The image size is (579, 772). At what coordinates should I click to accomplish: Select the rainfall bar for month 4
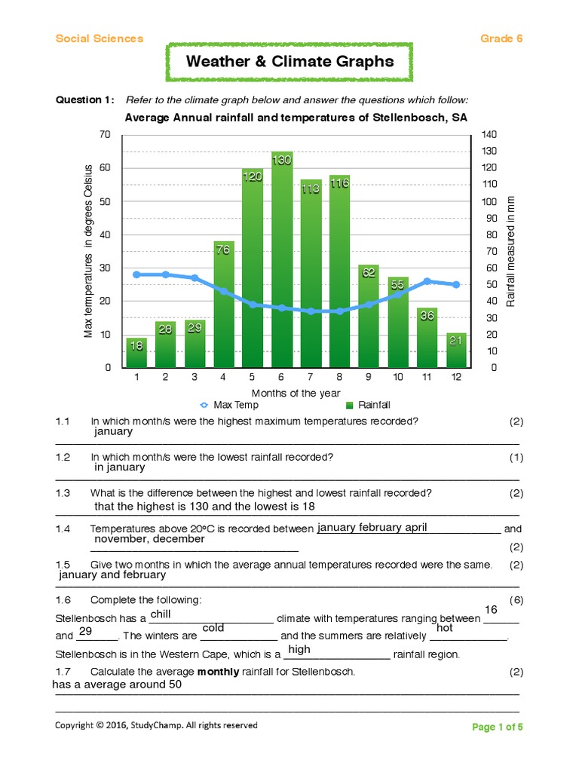[224, 305]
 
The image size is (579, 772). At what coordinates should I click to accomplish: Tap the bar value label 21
[455, 341]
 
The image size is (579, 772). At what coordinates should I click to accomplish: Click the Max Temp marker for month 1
[136, 274]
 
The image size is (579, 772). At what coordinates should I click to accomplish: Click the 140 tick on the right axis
[489, 134]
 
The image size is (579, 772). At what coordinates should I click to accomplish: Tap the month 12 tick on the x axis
[455, 377]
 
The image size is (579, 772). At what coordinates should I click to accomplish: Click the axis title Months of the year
[296, 393]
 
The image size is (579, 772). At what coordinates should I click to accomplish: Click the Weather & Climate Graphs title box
[289, 62]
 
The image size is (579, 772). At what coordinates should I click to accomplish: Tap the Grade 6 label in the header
[501, 38]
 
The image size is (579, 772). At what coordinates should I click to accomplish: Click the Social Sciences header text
[99, 38]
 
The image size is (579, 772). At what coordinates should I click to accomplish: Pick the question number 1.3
[63, 493]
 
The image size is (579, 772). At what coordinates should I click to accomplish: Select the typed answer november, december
[149, 539]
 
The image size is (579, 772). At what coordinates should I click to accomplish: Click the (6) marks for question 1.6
[516, 599]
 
